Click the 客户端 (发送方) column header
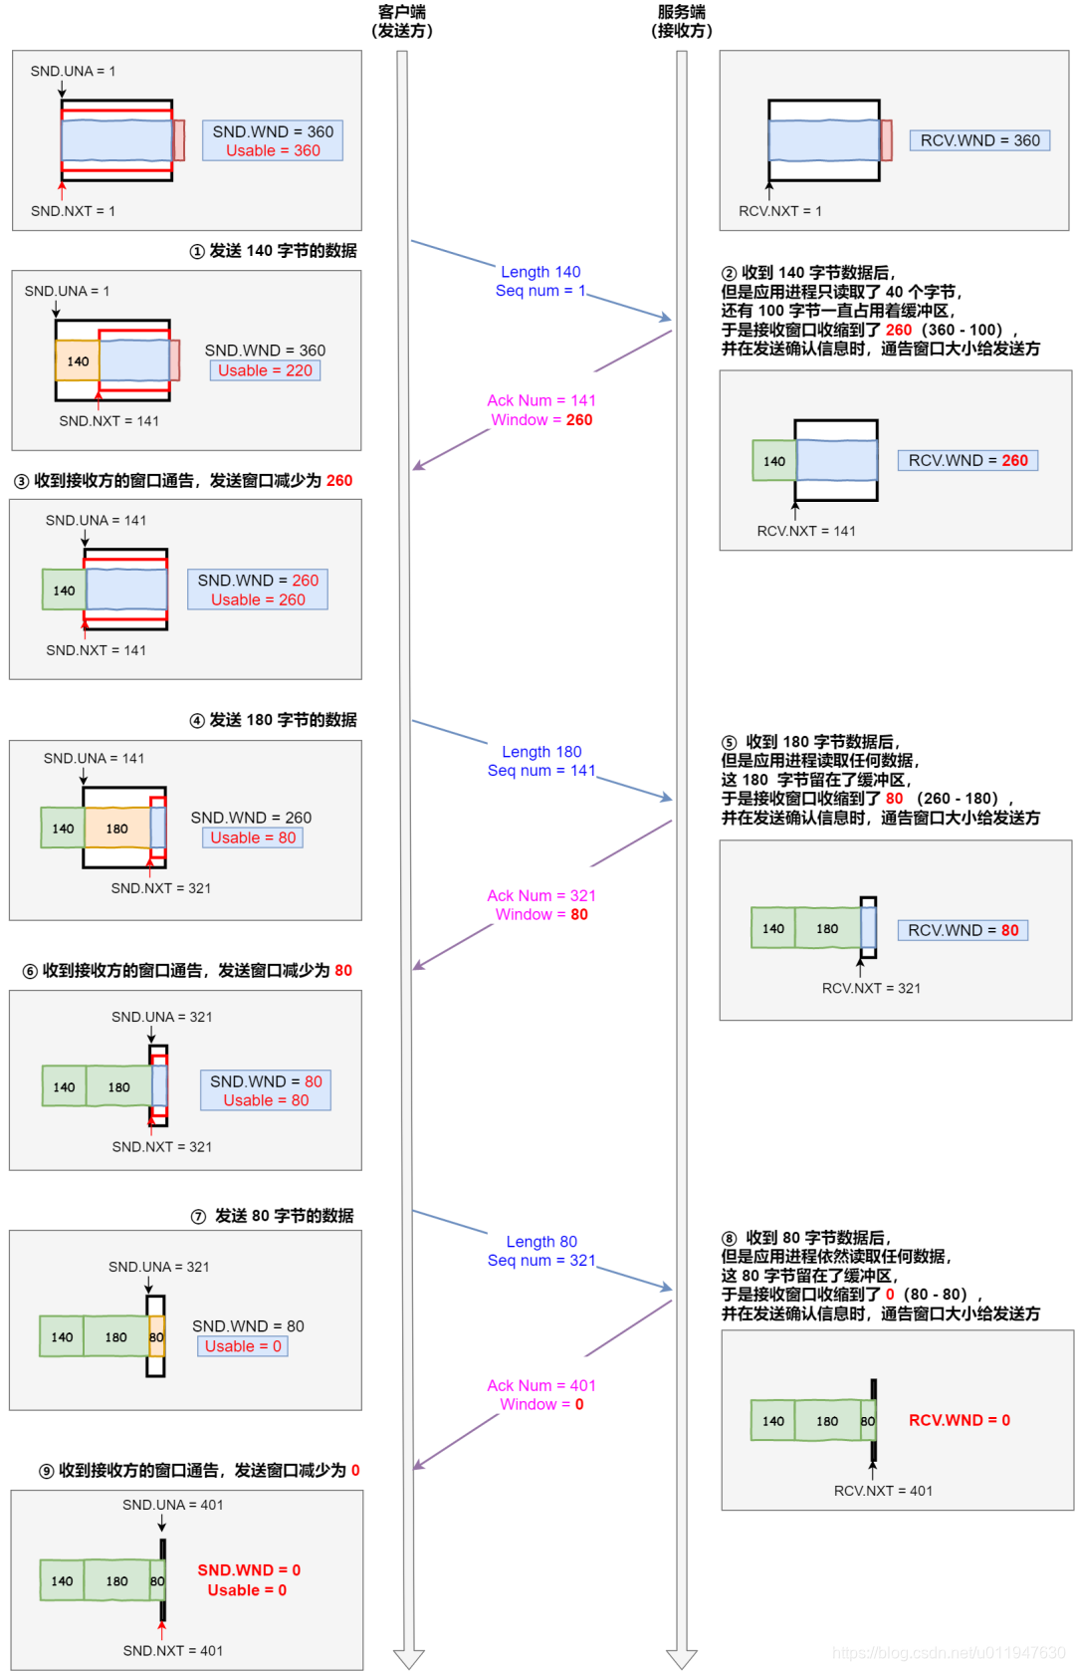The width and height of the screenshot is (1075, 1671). click(x=402, y=21)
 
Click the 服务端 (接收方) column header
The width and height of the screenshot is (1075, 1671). click(x=682, y=21)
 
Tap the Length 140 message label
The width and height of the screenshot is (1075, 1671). click(x=540, y=272)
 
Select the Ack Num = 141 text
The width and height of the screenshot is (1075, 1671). click(x=541, y=400)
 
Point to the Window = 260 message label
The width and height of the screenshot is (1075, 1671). click(x=541, y=420)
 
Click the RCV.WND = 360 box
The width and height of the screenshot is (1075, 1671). click(x=979, y=140)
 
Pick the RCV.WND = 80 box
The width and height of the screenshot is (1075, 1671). click(x=963, y=930)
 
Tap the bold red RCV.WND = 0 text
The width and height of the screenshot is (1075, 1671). click(x=960, y=1420)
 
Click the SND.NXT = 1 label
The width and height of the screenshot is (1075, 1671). click(x=73, y=211)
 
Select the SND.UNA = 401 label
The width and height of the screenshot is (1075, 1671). click(x=173, y=1505)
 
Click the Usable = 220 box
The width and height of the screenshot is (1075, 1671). click(x=265, y=370)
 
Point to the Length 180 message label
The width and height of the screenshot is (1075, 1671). click(x=541, y=752)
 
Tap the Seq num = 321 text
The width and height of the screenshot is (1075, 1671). click(x=541, y=1261)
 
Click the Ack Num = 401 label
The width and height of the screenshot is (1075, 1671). click(x=541, y=1385)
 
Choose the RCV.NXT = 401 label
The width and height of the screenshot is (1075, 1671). click(x=883, y=1491)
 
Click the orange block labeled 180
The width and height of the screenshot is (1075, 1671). click(x=117, y=829)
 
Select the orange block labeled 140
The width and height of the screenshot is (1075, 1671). click(x=78, y=361)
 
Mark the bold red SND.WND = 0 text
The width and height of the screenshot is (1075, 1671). click(x=249, y=1570)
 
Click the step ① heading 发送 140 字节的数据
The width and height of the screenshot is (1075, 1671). click(x=273, y=251)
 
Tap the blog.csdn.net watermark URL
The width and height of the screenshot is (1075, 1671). click(x=948, y=1653)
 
